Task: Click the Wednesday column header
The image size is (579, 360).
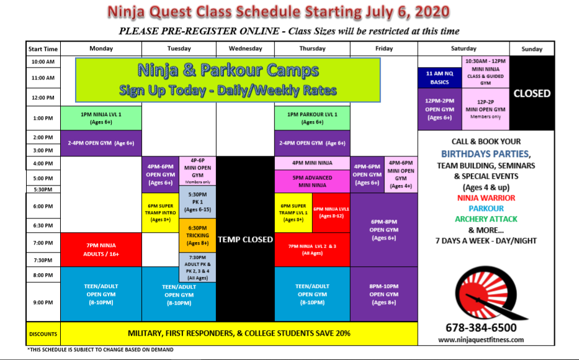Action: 245,48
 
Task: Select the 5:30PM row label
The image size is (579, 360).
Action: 43,189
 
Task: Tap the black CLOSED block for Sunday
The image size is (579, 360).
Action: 532,93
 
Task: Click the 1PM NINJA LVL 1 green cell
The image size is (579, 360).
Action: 101,118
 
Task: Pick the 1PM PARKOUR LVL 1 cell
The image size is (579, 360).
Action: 312,118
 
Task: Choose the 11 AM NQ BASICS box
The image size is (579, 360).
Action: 439,78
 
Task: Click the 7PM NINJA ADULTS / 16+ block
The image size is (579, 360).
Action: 101,250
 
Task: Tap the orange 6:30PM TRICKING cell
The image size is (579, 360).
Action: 197,235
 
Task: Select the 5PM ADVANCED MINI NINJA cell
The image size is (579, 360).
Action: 312,181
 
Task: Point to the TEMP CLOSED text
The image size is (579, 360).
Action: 245,240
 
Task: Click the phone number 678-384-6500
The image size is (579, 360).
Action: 481,328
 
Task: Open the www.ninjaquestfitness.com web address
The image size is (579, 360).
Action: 481,340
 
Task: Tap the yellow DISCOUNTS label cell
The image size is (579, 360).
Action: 43,334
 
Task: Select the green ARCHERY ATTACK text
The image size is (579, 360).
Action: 486,219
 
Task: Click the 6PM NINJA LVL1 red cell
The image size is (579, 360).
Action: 331,213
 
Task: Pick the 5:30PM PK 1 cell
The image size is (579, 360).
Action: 197,202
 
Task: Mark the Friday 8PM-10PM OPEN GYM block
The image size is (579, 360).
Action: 384,294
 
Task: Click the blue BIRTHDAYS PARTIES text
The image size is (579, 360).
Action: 485,153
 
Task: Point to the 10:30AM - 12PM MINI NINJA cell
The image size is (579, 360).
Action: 485,72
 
